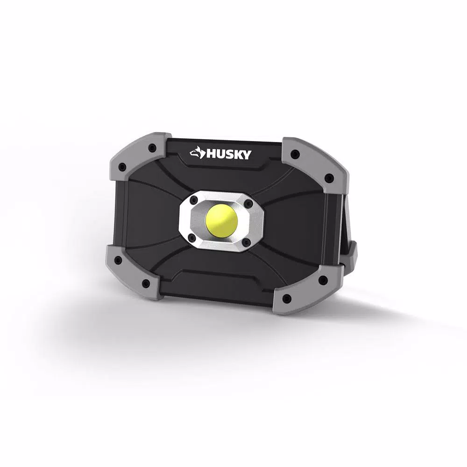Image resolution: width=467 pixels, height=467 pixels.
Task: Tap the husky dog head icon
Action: pyautogui.click(x=197, y=153)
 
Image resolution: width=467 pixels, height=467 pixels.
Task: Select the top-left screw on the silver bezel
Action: pyautogui.click(x=194, y=199)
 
